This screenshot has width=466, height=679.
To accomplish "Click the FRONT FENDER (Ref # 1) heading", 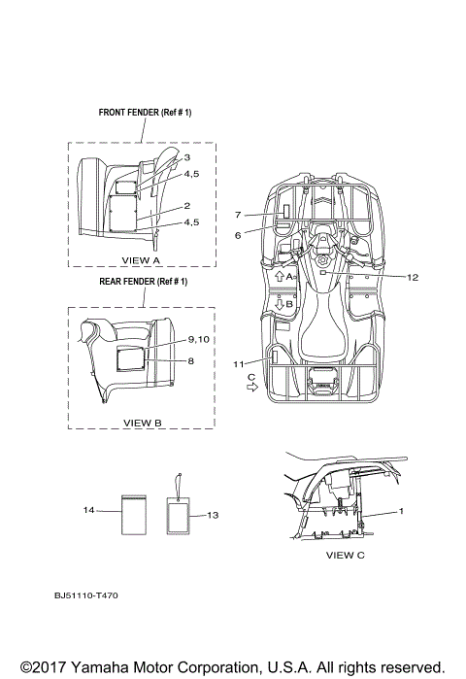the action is [x=145, y=113].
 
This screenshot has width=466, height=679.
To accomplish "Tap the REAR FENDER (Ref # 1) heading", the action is [x=144, y=282].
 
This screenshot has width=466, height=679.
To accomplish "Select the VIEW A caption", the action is [x=141, y=260].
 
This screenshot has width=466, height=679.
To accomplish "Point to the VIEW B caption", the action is [x=143, y=423].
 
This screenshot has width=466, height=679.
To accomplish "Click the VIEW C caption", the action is [x=346, y=555].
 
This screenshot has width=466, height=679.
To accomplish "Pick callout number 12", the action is [x=413, y=277].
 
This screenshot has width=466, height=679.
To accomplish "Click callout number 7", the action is [x=238, y=215].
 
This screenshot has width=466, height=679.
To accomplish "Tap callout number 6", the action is [x=238, y=236].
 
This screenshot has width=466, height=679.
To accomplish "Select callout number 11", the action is [x=239, y=364].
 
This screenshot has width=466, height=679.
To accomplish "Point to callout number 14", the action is [x=88, y=510].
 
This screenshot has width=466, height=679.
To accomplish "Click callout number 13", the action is [x=213, y=515].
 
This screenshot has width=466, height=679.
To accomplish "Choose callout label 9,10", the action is [x=199, y=340].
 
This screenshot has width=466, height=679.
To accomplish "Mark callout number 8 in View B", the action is [x=191, y=360].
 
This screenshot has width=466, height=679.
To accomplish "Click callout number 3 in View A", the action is [x=187, y=157].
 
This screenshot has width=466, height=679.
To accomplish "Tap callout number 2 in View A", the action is [x=187, y=206].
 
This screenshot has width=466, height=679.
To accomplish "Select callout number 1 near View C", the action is [x=401, y=511].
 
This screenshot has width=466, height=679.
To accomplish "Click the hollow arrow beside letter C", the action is [x=252, y=388].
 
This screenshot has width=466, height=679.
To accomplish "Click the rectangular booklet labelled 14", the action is [x=134, y=515].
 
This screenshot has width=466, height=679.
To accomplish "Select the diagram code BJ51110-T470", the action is [x=86, y=595].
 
